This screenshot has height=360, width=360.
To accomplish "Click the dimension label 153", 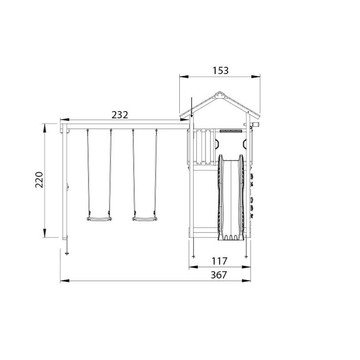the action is point(220,71).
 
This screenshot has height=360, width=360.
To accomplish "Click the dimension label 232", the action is point(120,115).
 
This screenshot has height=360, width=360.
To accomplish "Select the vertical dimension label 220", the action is point(39,180).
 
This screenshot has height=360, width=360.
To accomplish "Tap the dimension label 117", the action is point(219,261).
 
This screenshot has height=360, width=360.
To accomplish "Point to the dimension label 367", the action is point(219,275).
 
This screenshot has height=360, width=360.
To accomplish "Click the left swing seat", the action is point(99,219).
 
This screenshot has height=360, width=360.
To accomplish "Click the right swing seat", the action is point(144,219).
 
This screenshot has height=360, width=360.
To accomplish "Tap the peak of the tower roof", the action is point(220,92).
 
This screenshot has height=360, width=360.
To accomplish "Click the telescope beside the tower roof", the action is point(252,124).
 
